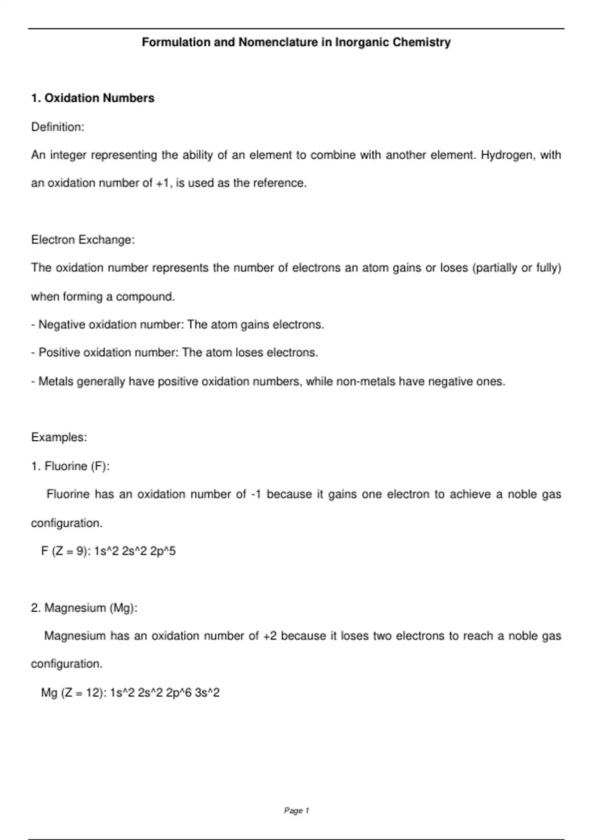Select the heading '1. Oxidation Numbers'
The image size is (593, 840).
[x=92, y=98]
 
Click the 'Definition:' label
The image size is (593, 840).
[x=58, y=127]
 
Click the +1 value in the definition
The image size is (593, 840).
[x=163, y=183]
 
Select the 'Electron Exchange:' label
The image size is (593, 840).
[x=83, y=240]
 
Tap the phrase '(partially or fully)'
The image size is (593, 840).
[x=517, y=268]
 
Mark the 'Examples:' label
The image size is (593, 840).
[x=59, y=437]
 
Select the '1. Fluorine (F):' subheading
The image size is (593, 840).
[x=70, y=466]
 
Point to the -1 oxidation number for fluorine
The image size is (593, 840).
[x=256, y=495]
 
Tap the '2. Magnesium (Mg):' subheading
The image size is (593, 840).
[x=84, y=608]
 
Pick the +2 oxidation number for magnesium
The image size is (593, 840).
[x=270, y=636]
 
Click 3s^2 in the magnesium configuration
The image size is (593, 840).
[x=207, y=693]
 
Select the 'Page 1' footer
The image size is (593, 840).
[x=296, y=810]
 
